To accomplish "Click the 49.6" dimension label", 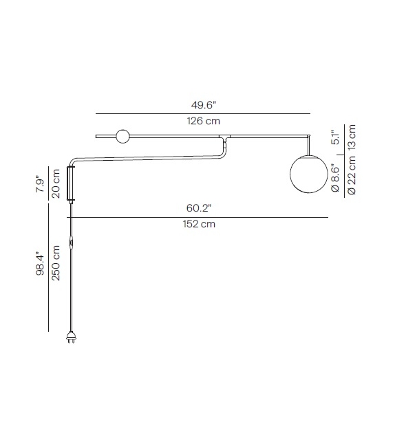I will [x=203, y=106].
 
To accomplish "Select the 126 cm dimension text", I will [x=203, y=122].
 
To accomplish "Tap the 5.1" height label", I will [x=336, y=138].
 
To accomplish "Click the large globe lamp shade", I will [x=307, y=174].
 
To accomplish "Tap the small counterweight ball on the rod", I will [x=124, y=136].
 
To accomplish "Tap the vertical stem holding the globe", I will [x=307, y=145].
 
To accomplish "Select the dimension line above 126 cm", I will [x=203, y=113].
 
